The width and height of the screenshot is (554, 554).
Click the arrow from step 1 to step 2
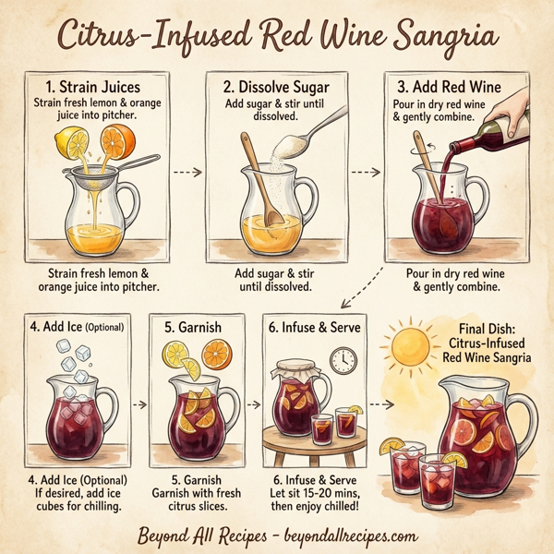[x=187, y=172]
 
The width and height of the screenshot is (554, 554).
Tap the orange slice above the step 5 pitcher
[x=217, y=353]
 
